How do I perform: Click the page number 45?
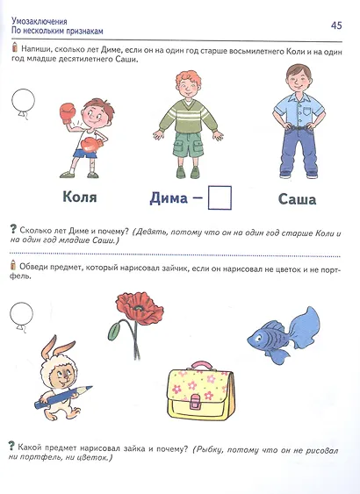pos(335,24)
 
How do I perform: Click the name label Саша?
pos(297,199)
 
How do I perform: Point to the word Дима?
pos(164,198)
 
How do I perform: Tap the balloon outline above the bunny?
pos(18,311)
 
